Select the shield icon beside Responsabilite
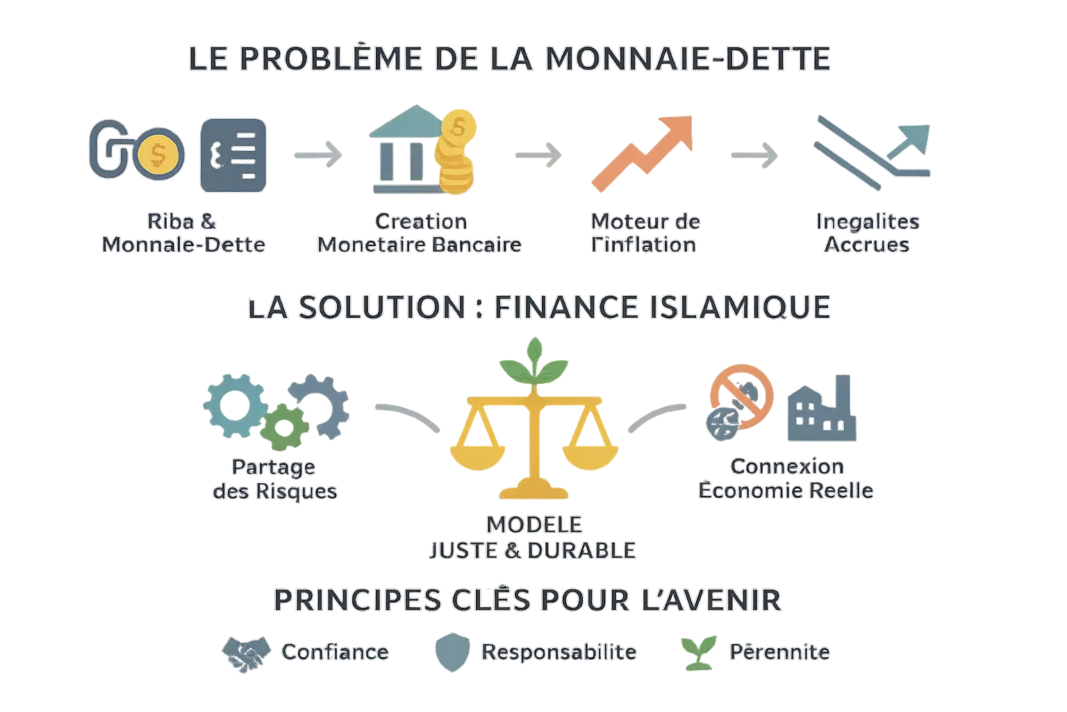pos(452,652)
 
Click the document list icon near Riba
pos(233,155)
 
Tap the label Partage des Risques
pos(274,479)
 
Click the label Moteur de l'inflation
pos(645,234)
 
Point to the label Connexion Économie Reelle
pos(786,478)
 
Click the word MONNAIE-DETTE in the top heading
pos(688,58)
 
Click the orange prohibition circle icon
pos(742,394)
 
